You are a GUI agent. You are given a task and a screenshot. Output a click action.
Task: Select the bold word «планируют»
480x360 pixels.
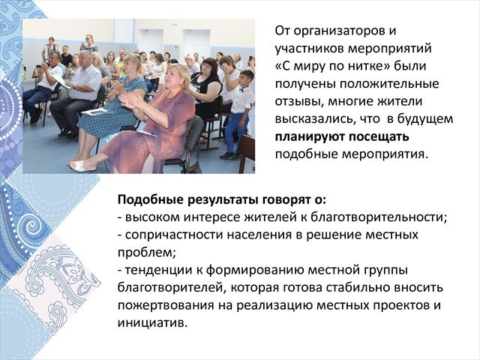click(x=310, y=137)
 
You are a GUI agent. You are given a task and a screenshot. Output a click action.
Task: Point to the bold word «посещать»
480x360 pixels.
click(x=379, y=137)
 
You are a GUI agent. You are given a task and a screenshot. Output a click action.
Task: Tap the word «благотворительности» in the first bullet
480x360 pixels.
click(x=379, y=217)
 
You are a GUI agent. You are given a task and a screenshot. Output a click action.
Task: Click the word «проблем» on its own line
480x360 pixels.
click(x=146, y=253)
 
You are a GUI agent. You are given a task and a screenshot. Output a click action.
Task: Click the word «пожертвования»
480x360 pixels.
click(x=166, y=306)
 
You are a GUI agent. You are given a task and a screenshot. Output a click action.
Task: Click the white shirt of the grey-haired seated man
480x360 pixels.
click(x=85, y=82)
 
